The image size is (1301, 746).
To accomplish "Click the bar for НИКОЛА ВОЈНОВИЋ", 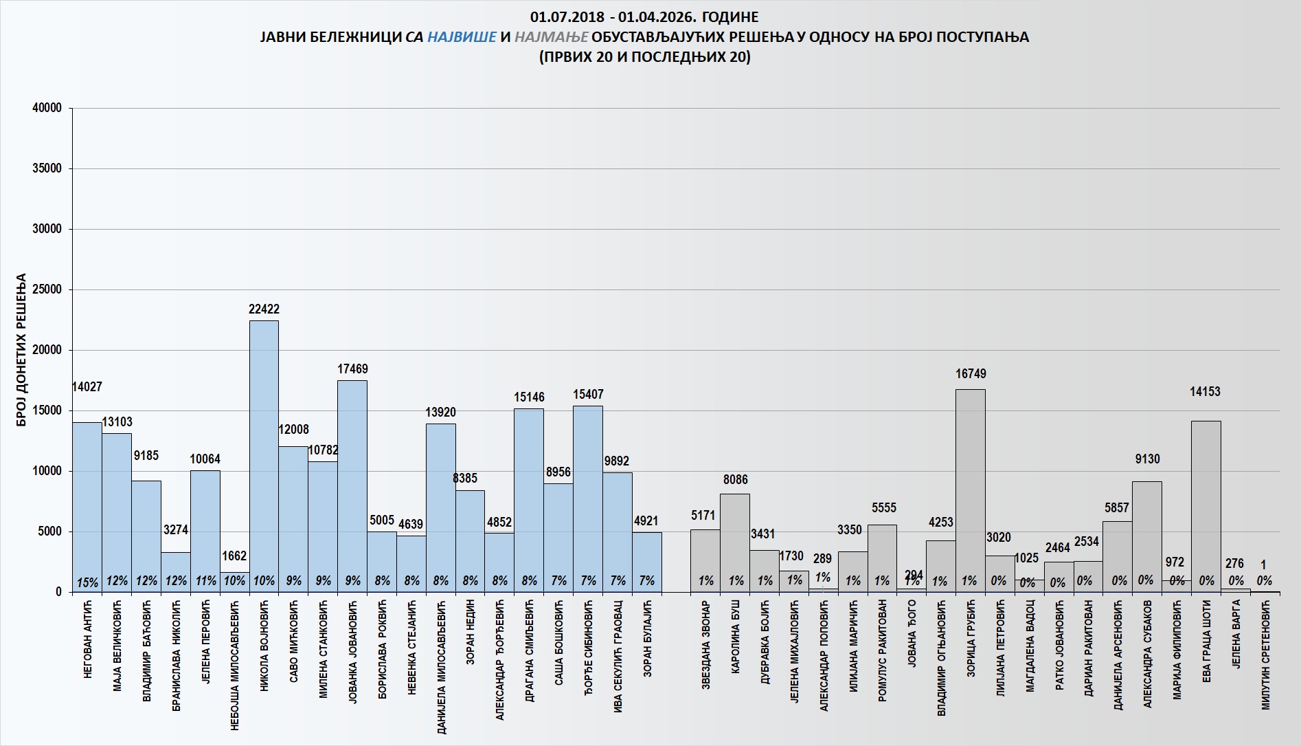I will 264,454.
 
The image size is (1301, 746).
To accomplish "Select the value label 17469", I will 352,369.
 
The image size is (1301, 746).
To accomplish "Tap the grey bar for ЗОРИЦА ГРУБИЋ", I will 970,488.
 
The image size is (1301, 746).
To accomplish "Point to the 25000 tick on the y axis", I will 47,289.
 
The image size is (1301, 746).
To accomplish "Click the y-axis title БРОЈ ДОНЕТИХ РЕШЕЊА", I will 21,350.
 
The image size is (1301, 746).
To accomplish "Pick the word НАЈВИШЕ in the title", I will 462,37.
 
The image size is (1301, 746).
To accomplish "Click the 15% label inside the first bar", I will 87,582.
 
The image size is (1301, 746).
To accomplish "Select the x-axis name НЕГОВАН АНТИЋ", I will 88,639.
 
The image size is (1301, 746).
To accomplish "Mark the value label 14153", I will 1205,392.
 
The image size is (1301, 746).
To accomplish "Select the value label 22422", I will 264,309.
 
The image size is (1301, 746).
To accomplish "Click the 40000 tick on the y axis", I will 47,108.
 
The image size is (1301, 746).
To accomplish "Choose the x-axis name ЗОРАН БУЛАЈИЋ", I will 647,639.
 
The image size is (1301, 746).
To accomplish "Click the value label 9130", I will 1147,459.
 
